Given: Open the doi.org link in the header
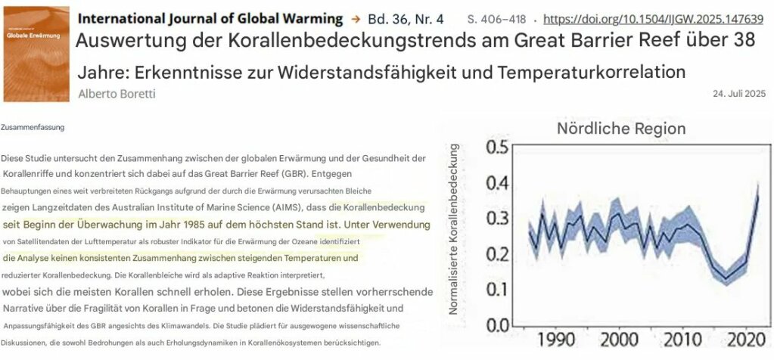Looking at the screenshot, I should pyautogui.click(x=654, y=18).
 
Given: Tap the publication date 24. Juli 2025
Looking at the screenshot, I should pyautogui.click(x=739, y=94).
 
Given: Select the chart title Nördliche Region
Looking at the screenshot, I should pyautogui.click(x=621, y=129).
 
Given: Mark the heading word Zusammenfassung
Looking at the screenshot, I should pyautogui.click(x=33, y=128).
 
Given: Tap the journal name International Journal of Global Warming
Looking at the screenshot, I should pyautogui.click(x=210, y=17).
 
